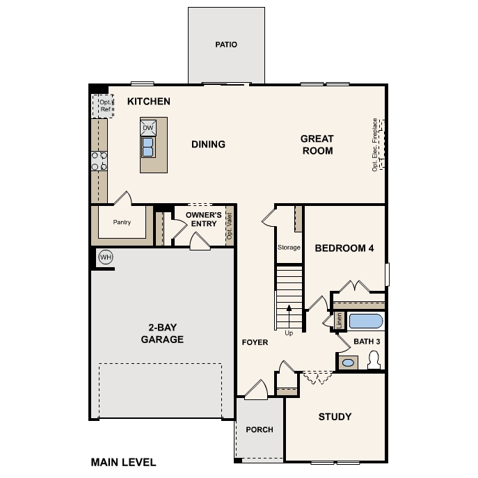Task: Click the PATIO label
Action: pyautogui.click(x=225, y=45)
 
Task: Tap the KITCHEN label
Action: pyautogui.click(x=149, y=102)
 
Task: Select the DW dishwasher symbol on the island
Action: pyautogui.click(x=148, y=128)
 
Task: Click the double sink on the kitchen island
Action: pyautogui.click(x=148, y=147)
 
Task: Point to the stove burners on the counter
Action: pyautogui.click(x=99, y=161)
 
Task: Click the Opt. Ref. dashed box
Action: pyautogui.click(x=103, y=106)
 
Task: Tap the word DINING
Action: pyautogui.click(x=208, y=145)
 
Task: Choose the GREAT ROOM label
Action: pyautogui.click(x=317, y=145)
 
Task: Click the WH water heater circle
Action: pyautogui.click(x=105, y=257)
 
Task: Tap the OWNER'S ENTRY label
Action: pyautogui.click(x=203, y=219)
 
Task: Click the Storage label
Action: pyautogui.click(x=289, y=248)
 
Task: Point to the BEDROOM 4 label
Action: pyautogui.click(x=344, y=248)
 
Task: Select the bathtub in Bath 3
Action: pyautogui.click(x=365, y=321)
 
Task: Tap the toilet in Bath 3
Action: pyautogui.click(x=374, y=360)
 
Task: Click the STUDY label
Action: pyautogui.click(x=335, y=417)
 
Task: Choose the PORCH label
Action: pyautogui.click(x=260, y=429)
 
